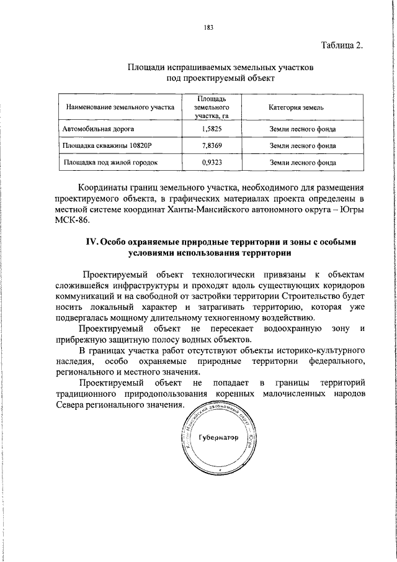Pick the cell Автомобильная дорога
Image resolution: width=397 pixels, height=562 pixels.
[x=98, y=129]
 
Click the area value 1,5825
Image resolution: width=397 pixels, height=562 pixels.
[x=212, y=129]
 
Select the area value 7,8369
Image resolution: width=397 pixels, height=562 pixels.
[x=212, y=146]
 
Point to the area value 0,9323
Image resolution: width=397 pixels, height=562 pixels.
[x=212, y=163]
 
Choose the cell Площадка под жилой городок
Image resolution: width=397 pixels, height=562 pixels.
[x=109, y=163]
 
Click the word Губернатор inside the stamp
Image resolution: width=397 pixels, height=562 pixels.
[x=218, y=438]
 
